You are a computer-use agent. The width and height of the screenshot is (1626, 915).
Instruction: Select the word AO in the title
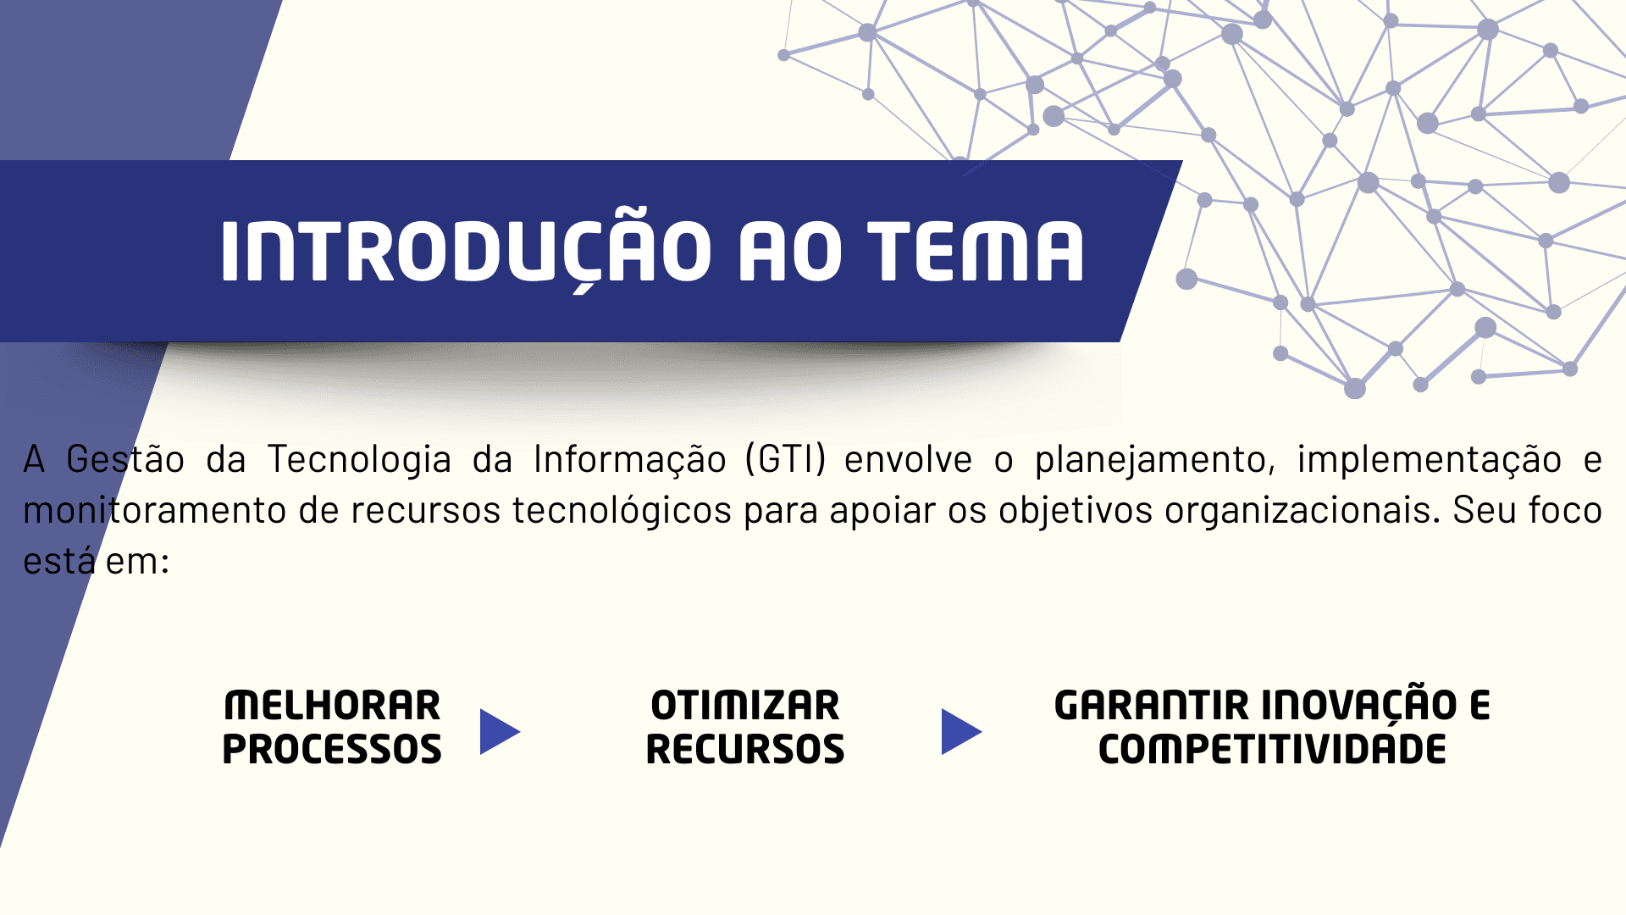(x=790, y=251)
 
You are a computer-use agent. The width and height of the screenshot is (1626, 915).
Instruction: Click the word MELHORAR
(x=332, y=706)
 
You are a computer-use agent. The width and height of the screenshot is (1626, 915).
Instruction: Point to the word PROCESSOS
(x=332, y=750)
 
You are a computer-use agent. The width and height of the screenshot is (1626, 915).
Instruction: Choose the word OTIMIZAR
(x=745, y=706)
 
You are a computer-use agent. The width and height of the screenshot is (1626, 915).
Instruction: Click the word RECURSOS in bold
(x=745, y=750)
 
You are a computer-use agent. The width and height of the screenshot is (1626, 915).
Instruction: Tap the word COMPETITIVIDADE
(x=1272, y=750)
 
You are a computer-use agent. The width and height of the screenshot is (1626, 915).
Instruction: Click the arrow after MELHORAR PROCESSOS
(x=500, y=732)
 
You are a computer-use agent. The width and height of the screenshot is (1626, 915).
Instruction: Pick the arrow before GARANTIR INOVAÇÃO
(x=961, y=732)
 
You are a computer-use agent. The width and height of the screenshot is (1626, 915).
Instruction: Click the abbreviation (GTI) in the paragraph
(x=786, y=459)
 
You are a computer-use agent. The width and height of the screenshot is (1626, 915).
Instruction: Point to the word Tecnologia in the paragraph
(x=360, y=460)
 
